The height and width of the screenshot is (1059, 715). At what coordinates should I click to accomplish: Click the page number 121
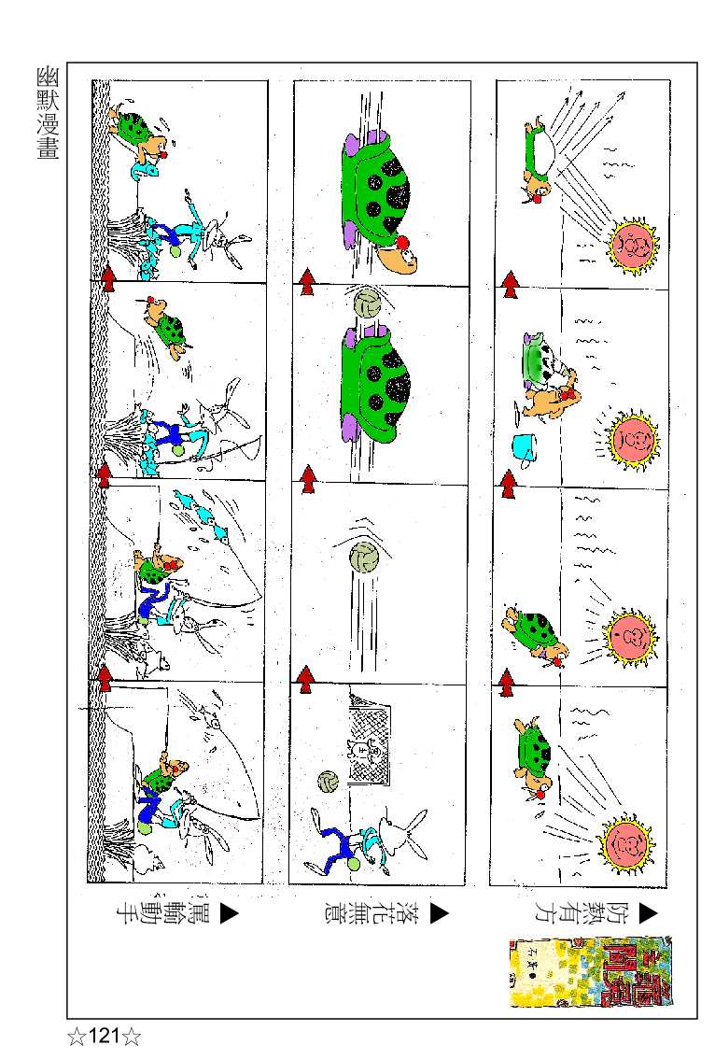click(x=104, y=1037)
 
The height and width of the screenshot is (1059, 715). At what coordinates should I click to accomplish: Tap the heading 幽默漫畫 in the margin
click(x=47, y=113)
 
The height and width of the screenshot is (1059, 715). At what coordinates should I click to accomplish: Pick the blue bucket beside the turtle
click(x=524, y=447)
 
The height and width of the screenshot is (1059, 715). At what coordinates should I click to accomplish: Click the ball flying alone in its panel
click(x=364, y=558)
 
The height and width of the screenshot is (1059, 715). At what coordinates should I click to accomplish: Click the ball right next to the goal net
click(x=327, y=784)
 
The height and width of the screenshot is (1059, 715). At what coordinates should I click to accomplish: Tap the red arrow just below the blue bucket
click(x=509, y=484)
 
